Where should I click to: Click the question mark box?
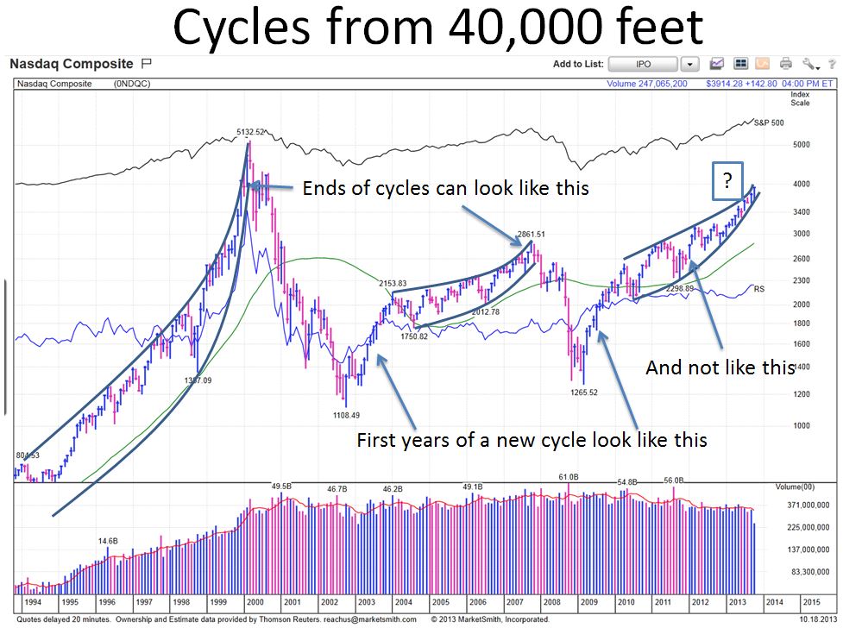tap(728, 180)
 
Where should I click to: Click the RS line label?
tap(760, 289)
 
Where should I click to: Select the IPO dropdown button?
tap(643, 64)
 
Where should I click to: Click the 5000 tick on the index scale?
tap(802, 144)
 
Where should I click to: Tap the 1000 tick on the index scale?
tap(802, 426)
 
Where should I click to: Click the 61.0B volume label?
tap(569, 477)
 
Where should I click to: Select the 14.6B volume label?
tap(108, 541)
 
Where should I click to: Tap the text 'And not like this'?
tap(720, 368)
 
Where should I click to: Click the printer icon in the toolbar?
tap(785, 64)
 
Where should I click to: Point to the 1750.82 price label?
tap(415, 336)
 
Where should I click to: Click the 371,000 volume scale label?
tap(808, 507)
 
